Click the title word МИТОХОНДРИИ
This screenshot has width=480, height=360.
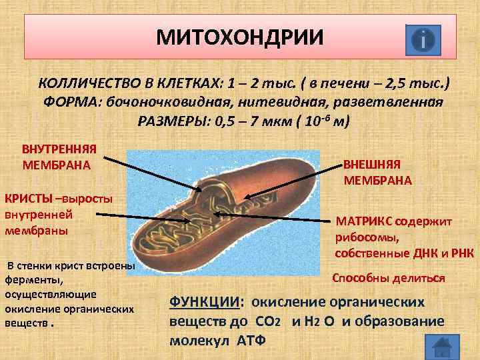[239, 37]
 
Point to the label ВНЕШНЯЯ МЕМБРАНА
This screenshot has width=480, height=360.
[377, 173]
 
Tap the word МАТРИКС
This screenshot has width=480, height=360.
[365, 221]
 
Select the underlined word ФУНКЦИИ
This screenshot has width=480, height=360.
[203, 301]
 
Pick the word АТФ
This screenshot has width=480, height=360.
[250, 340]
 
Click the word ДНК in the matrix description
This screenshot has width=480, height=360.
[421, 251]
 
